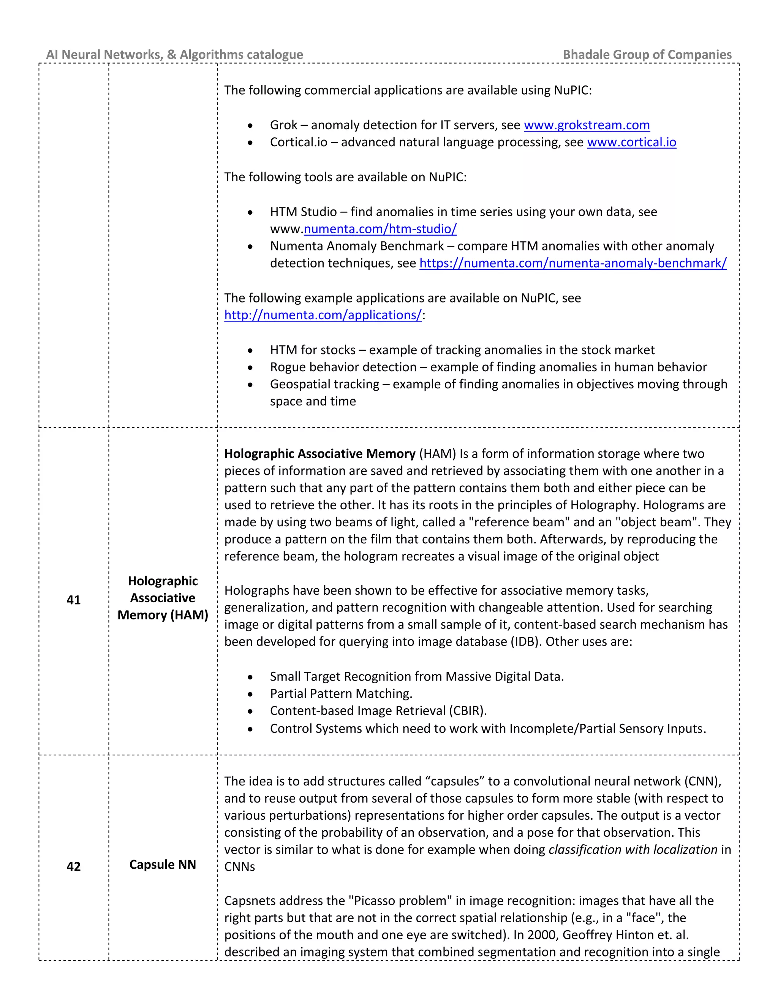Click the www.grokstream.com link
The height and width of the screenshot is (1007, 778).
pyautogui.click(x=586, y=125)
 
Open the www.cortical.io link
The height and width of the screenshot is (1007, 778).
pyautogui.click(x=631, y=142)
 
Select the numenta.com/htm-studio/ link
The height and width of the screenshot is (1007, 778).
pyautogui.click(x=380, y=229)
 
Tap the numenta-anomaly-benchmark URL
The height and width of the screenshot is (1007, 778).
pyautogui.click(x=572, y=263)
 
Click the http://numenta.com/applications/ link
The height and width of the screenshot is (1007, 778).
pyautogui.click(x=323, y=315)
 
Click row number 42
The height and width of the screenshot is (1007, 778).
pyautogui.click(x=74, y=866)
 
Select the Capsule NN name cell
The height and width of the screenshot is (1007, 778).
pyautogui.click(x=162, y=864)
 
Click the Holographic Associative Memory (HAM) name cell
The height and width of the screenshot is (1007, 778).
pyautogui.click(x=162, y=598)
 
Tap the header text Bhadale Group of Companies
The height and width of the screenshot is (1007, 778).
pyautogui.click(x=647, y=54)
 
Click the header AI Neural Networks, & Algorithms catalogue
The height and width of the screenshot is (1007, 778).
pyautogui.click(x=174, y=54)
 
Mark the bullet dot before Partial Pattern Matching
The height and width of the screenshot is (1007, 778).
pyautogui.click(x=250, y=694)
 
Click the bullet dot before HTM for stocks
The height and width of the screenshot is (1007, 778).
pyautogui.click(x=250, y=350)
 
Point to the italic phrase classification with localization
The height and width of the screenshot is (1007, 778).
pyautogui.click(x=633, y=849)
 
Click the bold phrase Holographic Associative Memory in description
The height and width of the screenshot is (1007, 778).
pyautogui.click(x=319, y=454)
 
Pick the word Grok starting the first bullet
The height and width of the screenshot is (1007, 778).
pyautogui.click(x=283, y=125)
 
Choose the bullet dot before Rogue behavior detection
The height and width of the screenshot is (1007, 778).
pyautogui.click(x=250, y=367)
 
